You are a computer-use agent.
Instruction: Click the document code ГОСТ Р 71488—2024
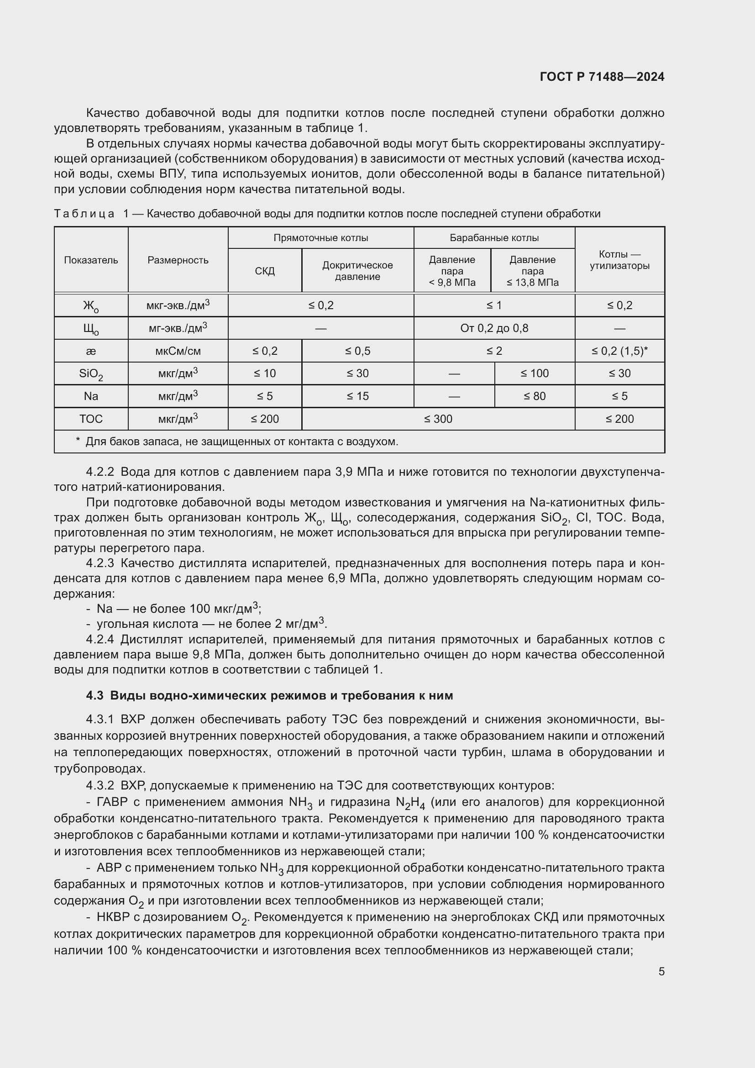[602, 77]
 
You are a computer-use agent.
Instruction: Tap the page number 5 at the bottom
[661, 971]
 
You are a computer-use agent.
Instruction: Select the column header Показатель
[91, 260]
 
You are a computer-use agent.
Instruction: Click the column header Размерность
[178, 260]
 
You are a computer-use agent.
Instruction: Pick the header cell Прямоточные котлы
[321, 238]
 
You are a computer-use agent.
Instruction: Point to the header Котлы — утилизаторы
[619, 260]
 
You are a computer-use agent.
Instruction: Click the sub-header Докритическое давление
[357, 271]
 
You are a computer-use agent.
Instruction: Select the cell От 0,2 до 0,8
[494, 328]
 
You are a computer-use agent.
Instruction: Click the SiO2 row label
[91, 374]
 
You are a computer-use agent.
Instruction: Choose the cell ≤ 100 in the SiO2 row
[534, 374]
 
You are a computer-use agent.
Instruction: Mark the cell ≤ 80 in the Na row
[534, 396]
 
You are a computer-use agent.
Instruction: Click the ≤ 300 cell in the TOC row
[438, 419]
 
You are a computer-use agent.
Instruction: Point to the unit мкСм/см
[178, 351]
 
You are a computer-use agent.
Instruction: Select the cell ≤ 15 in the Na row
[357, 396]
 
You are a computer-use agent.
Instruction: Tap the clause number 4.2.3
[100, 563]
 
